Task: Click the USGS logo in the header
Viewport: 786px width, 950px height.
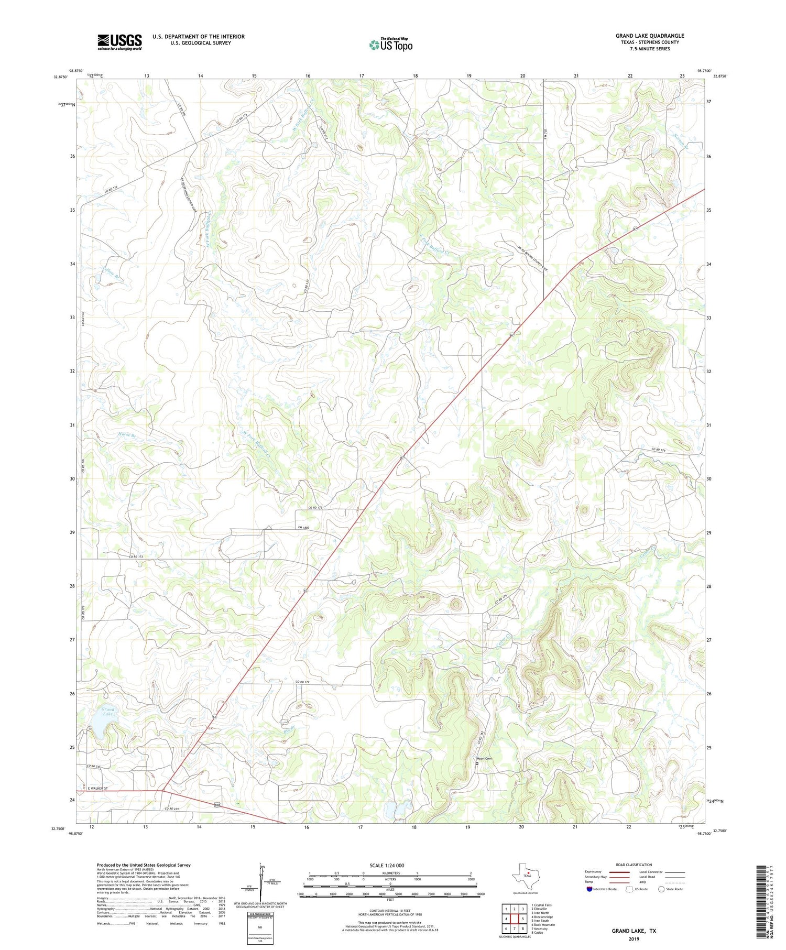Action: [x=119, y=42]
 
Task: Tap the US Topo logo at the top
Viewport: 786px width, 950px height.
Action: [x=391, y=45]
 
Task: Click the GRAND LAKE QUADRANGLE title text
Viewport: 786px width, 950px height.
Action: [x=650, y=36]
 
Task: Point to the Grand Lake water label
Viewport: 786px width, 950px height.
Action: [x=108, y=712]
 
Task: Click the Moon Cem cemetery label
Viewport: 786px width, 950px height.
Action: [x=484, y=759]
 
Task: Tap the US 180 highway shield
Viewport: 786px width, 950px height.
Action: [x=217, y=804]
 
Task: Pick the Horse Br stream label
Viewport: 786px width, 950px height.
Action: [x=127, y=434]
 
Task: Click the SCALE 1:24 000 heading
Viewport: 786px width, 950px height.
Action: [x=387, y=865]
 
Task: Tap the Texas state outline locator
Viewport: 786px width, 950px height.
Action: [x=525, y=874]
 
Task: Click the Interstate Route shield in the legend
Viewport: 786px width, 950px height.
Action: [x=589, y=889]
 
